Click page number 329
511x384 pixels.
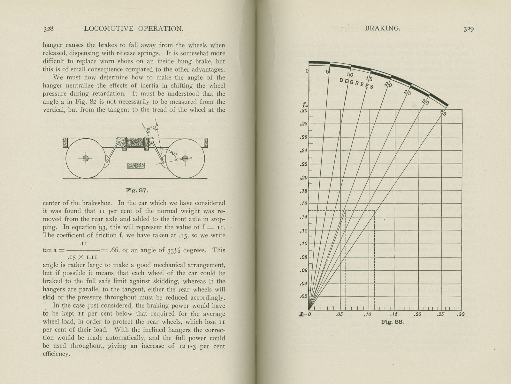[469, 29]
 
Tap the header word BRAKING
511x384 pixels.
[382, 28]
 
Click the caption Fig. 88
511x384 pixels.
[393, 322]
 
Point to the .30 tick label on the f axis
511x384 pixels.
[304, 111]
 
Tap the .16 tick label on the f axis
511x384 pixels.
[304, 204]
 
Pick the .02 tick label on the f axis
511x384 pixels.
[304, 296]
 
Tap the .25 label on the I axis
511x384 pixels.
[441, 315]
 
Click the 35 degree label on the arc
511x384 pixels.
[443, 112]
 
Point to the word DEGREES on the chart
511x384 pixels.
[356, 83]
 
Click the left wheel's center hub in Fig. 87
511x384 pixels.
[85, 158]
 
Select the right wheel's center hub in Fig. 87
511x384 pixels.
[185, 158]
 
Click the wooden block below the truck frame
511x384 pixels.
[136, 166]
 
